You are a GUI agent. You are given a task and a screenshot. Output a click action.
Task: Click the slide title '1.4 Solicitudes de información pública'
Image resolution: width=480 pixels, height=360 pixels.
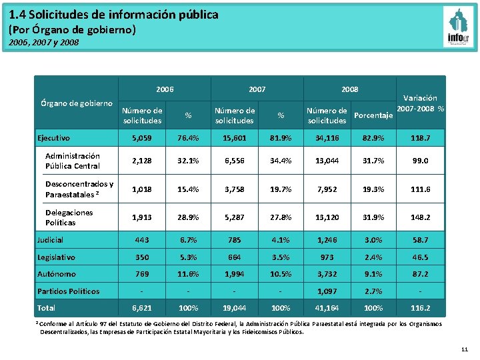pos(113,14)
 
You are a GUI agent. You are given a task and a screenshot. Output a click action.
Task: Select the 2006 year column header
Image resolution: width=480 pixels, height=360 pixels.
pos(165,89)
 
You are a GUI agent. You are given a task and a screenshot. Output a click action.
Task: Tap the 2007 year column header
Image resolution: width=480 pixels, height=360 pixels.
pos(257,89)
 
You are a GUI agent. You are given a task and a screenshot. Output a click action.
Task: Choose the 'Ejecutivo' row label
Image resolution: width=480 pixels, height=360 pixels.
pos(54,138)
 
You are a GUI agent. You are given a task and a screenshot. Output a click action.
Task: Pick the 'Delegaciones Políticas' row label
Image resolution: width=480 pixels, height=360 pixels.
pos(69,217)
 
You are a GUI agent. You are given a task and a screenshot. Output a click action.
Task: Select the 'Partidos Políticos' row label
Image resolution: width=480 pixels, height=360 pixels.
pos(68,291)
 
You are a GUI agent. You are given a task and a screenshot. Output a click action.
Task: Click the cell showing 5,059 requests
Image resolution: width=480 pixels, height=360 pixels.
pos(142,138)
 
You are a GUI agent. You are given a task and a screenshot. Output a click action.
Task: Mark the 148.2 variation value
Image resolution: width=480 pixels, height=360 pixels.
pos(420,217)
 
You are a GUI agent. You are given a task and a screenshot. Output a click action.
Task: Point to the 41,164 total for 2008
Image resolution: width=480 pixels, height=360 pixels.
pos(327,308)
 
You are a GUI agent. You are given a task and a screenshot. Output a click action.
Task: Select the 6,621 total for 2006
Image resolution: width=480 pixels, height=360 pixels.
pos(142,308)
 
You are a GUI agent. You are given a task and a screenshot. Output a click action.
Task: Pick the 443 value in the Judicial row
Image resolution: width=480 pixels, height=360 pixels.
pos(142,240)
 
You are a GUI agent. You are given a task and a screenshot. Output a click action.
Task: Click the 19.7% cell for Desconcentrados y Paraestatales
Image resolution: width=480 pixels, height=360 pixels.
pos(281,189)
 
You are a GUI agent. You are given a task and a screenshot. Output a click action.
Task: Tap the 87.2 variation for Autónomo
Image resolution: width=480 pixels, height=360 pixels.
pos(420,274)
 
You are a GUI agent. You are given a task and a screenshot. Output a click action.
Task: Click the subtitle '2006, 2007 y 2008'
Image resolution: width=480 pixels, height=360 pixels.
pos(44,42)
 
